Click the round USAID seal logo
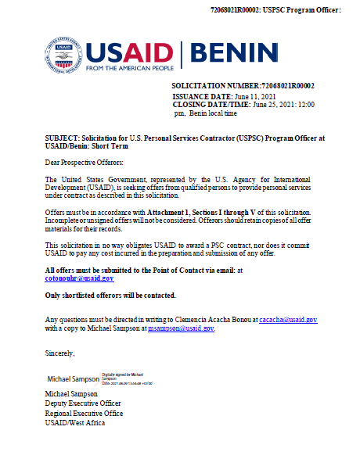tap(63, 54)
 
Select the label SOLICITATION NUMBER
tap(215, 85)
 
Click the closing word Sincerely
tap(59, 353)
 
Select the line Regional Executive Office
tap(85, 413)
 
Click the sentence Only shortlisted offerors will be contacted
tap(110, 295)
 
